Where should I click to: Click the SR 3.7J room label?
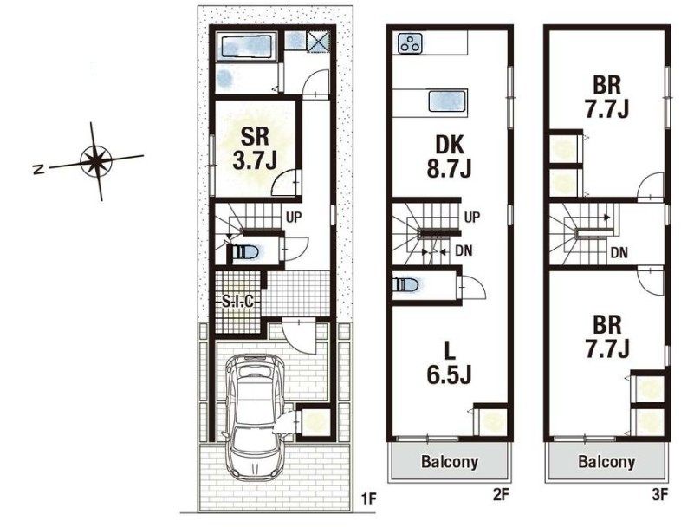pyautogui.click(x=255, y=148)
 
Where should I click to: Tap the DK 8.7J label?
pyautogui.click(x=449, y=156)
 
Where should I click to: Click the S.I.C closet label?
pyautogui.click(x=237, y=301)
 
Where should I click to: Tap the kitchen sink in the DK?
pyautogui.click(x=448, y=101)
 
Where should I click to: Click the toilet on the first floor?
pyautogui.click(x=246, y=251)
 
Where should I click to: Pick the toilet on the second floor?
pyautogui.click(x=405, y=285)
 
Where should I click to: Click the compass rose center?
pyautogui.click(x=96, y=160)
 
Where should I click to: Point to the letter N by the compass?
pyautogui.click(x=39, y=169)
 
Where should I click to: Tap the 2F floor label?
pyautogui.click(x=500, y=494)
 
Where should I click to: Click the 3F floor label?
pyautogui.click(x=659, y=494)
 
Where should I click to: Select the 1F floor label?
pyautogui.click(x=368, y=499)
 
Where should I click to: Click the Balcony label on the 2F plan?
pyautogui.click(x=449, y=461)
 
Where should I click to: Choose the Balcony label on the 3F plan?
pyautogui.click(x=606, y=461)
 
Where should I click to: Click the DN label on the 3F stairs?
pyautogui.click(x=619, y=252)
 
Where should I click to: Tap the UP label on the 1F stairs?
pyautogui.click(x=293, y=217)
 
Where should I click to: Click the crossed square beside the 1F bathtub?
pyautogui.click(x=319, y=42)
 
